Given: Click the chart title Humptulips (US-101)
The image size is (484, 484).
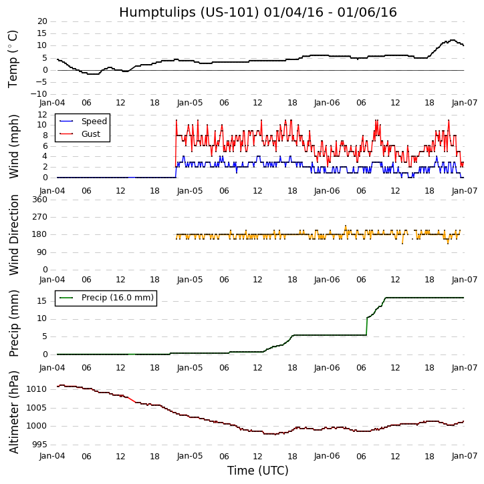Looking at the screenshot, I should coord(257,12).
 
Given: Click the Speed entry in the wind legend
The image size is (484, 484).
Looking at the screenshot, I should coord(94,122).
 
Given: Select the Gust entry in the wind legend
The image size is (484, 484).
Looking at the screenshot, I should coord(90,134).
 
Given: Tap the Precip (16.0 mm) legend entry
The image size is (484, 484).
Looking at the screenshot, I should coord(117,298).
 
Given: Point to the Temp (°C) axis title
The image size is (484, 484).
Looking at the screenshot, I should coord(13,58).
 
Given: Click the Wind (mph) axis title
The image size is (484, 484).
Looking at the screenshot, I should coord(14,146).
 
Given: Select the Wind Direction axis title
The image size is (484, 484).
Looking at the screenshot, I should coord(14,234).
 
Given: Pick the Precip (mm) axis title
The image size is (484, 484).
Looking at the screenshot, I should coord(14,323).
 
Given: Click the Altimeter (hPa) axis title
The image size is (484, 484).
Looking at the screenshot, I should coord(14,411).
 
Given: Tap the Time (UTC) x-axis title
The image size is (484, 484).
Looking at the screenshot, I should coord(257,471).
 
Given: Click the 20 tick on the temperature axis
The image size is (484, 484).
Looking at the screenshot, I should coord(42,21).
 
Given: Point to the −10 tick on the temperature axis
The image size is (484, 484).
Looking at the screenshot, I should coord(39,94).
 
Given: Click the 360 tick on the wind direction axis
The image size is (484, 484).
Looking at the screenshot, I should coord(39,200).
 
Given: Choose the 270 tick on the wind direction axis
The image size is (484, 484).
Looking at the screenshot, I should coord(39,217).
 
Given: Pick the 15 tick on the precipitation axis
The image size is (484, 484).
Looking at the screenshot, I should coord(42,301).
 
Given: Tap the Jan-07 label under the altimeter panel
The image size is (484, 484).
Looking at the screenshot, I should coord(464,457).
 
